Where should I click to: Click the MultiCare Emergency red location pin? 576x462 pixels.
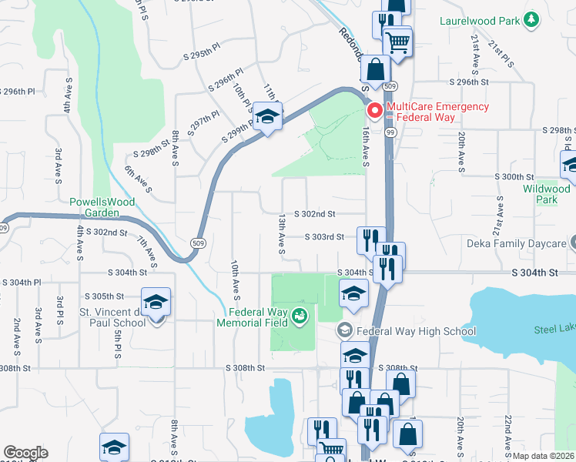(x=375, y=111)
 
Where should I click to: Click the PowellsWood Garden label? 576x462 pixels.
(x=102, y=207)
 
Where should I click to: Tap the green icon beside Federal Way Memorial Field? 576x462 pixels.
(x=300, y=315)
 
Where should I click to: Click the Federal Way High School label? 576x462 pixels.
(x=417, y=332)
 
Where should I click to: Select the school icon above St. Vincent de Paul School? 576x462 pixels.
(x=156, y=301)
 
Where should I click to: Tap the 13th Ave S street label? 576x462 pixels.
(x=282, y=234)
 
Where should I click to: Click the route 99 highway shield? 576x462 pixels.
(x=392, y=133)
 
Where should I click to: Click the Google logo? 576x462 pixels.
(x=25, y=453)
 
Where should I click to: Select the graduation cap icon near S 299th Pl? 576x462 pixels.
(x=267, y=117)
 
